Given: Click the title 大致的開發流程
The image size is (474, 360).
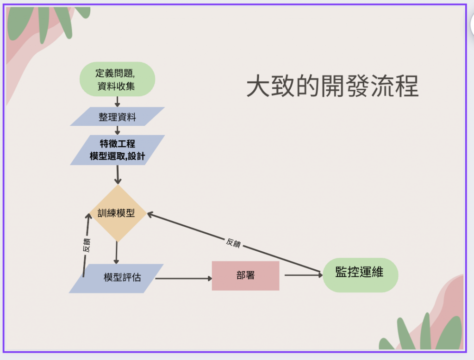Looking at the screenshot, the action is click(332, 86).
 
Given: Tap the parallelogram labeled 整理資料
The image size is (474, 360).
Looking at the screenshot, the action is click(117, 117).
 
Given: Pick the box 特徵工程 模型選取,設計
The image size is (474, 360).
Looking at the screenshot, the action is click(117, 150).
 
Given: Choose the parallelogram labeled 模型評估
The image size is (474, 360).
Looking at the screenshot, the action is click(117, 278).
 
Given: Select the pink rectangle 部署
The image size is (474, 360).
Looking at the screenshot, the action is click(245, 276).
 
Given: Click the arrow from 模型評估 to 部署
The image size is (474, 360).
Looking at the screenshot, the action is click(183, 279).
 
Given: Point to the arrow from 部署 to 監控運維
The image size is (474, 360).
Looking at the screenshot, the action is click(303, 275).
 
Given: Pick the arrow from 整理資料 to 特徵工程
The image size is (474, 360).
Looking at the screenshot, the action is click(118, 130).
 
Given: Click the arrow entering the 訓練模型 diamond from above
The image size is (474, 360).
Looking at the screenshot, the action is click(118, 175).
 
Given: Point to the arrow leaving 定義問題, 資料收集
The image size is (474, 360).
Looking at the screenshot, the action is click(117, 101).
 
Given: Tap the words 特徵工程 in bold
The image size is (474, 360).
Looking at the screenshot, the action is click(118, 144).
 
